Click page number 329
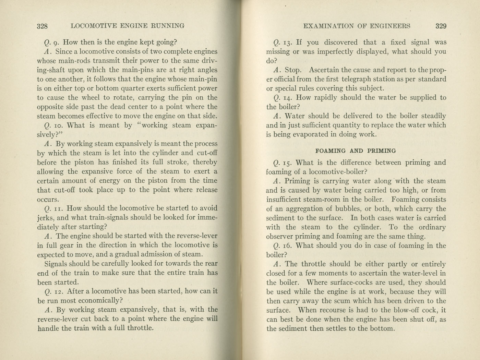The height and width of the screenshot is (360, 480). coord(441,26)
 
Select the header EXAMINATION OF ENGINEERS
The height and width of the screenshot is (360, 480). coord(357,26)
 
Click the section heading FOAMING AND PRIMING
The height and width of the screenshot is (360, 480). coord(356,151)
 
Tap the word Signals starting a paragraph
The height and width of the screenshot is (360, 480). coord(56,264)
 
